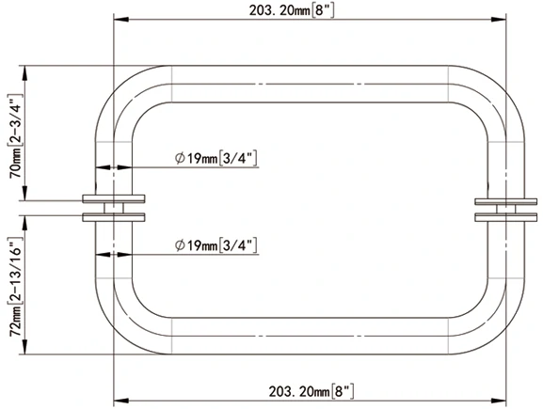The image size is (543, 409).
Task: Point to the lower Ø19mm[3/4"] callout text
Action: click(216, 245)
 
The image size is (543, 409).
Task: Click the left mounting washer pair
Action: click(114, 208)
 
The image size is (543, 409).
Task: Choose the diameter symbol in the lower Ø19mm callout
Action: click(180, 245)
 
